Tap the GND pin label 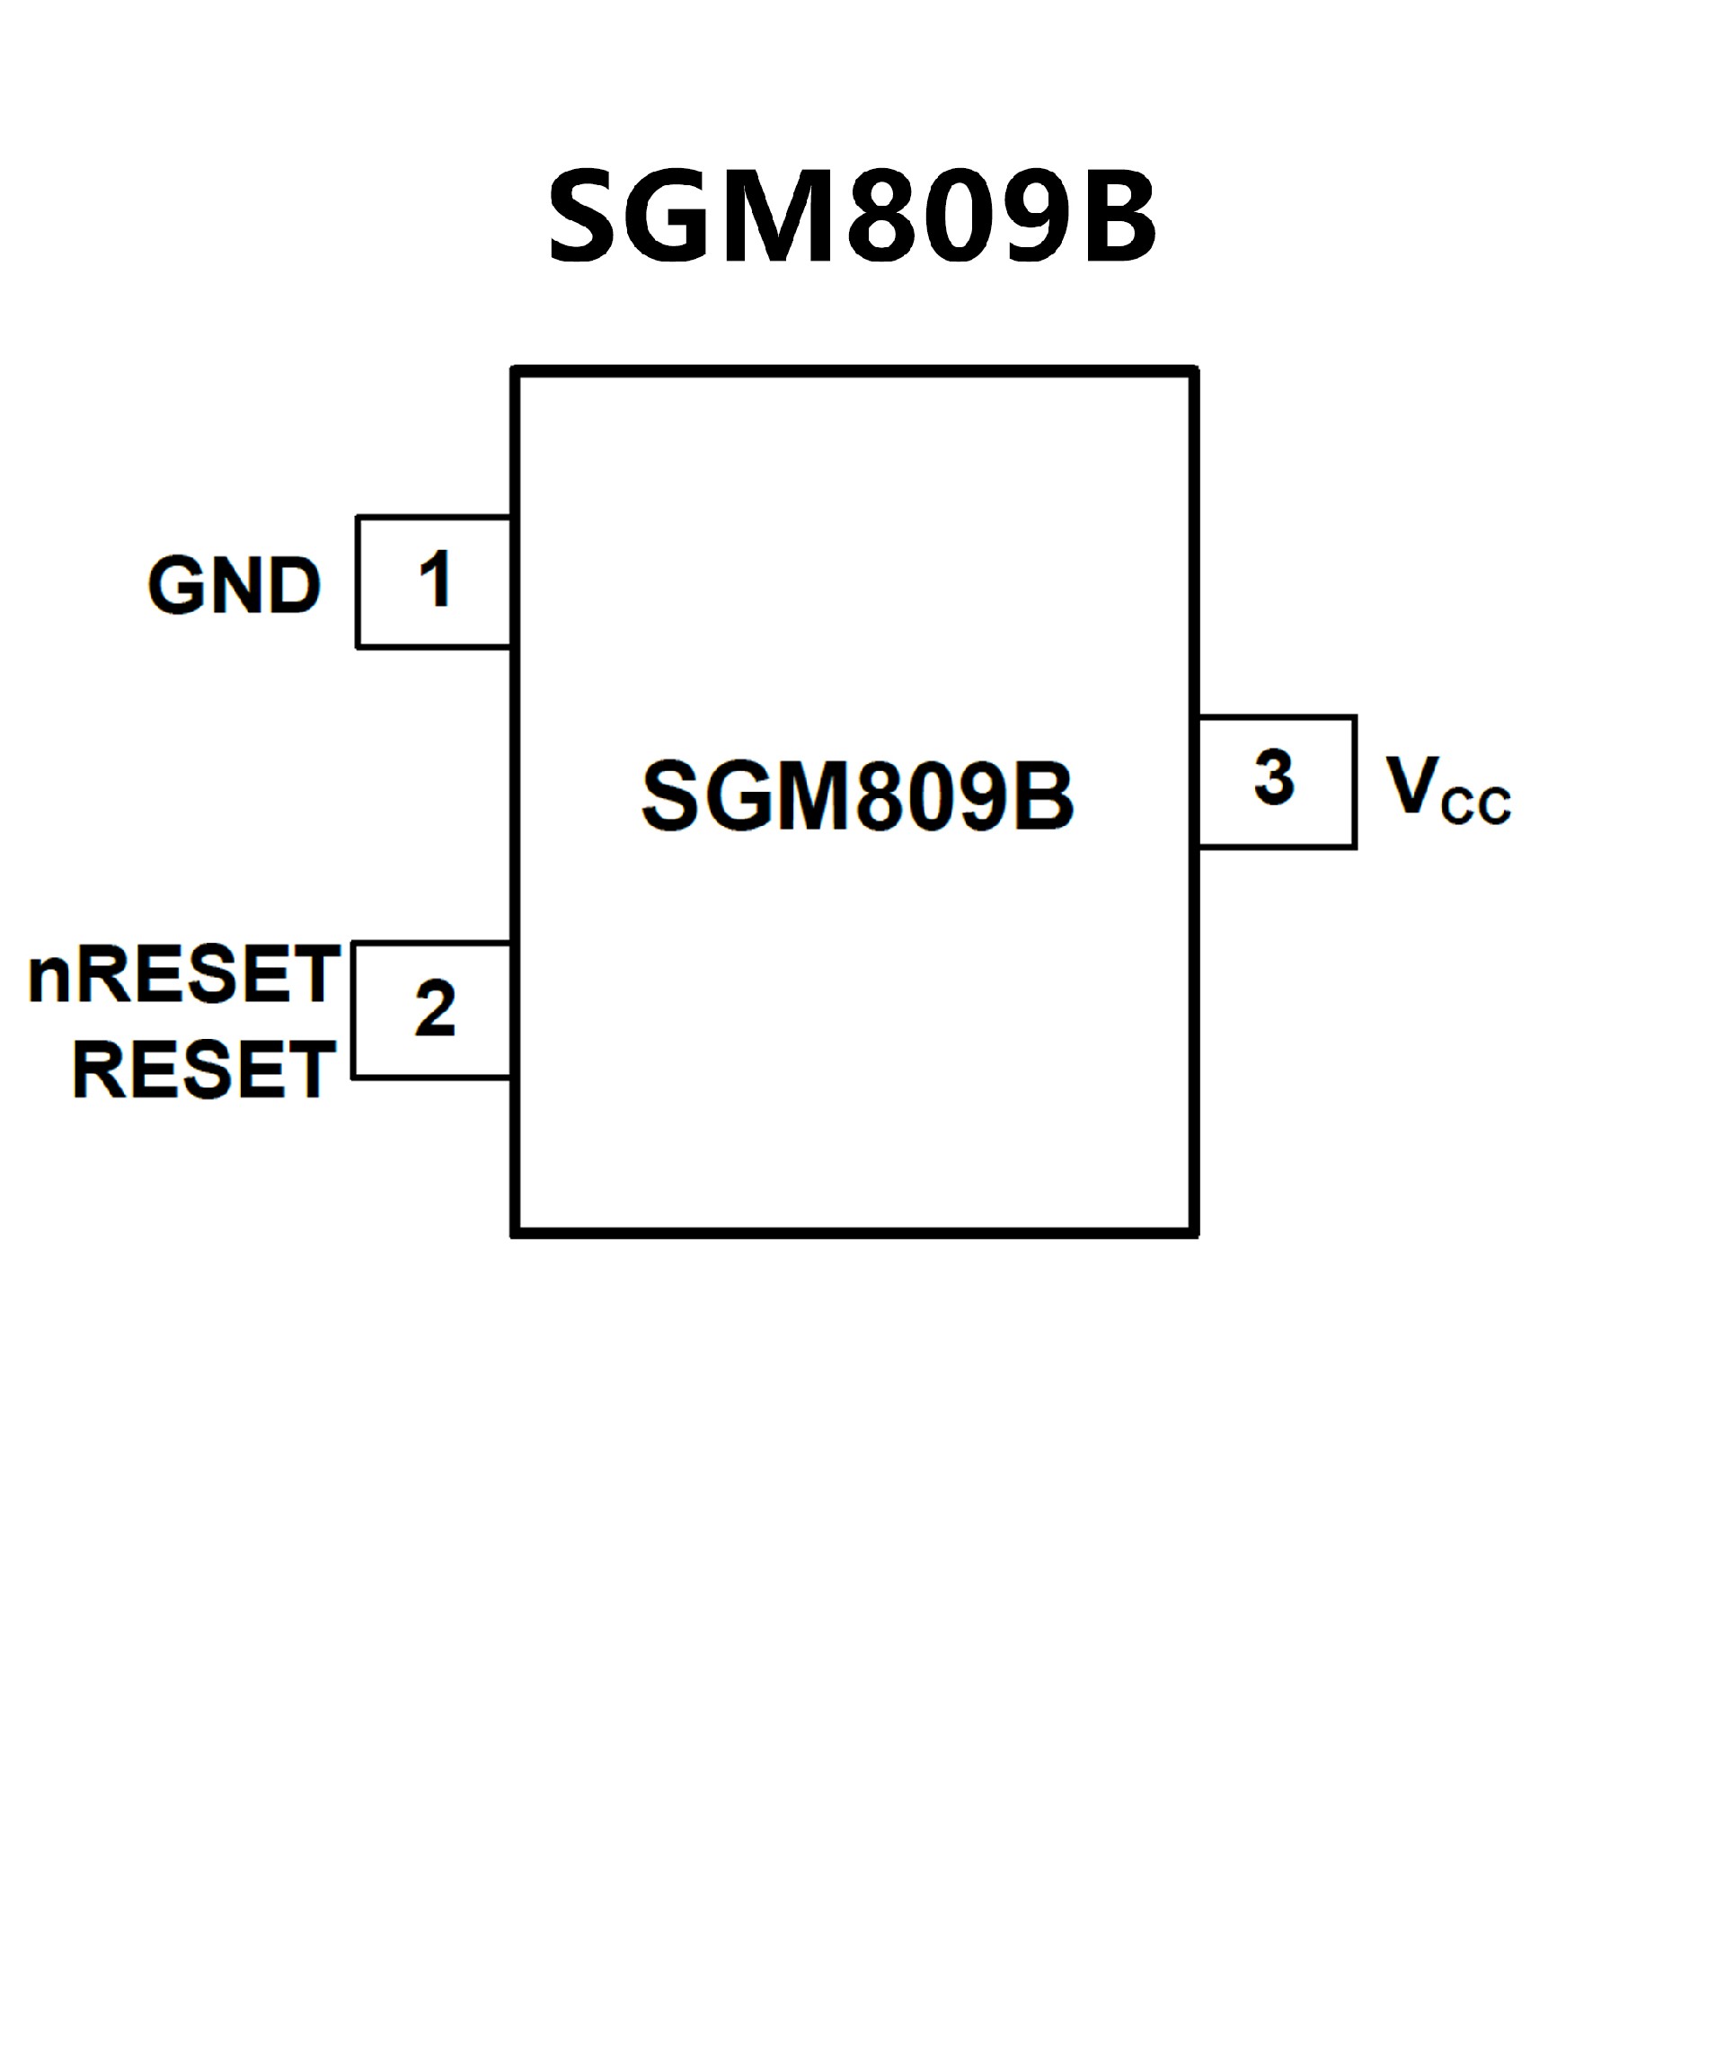pyautogui.click(x=234, y=586)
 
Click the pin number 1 pyautogui.click(x=434, y=580)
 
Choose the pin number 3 pyautogui.click(x=1273, y=778)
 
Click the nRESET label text pyautogui.click(x=184, y=975)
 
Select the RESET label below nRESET pyautogui.click(x=204, y=1069)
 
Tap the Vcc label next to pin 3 pyautogui.click(x=1447, y=790)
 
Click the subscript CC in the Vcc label pyautogui.click(x=1476, y=806)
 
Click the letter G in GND pyautogui.click(x=176, y=586)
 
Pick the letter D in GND pyautogui.click(x=294, y=586)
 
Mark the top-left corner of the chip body pyautogui.click(x=516, y=371)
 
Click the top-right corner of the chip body pyautogui.click(x=1195, y=371)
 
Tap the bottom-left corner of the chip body pyautogui.click(x=516, y=1232)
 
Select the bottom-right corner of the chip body pyautogui.click(x=1195, y=1232)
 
